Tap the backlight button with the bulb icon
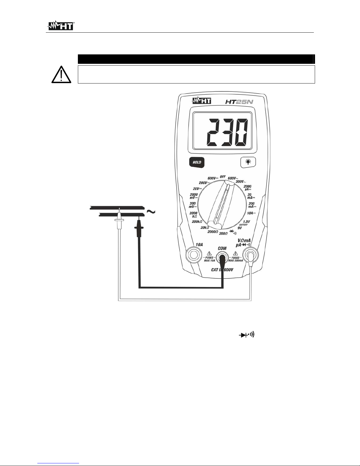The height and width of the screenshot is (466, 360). pos(248,162)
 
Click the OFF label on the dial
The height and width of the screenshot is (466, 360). pos(223,177)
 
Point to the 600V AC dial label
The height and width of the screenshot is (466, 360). pos(232,178)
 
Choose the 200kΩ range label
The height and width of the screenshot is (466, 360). pos(197,221)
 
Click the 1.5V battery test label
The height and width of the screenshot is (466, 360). pos(246,221)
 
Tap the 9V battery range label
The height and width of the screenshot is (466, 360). pos(240,228)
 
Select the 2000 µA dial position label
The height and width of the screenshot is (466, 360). pos(247,188)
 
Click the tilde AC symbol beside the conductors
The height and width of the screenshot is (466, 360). pos(150,212)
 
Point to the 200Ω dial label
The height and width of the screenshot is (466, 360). pos(223,233)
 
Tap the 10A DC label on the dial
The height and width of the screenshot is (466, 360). pos(251,213)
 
